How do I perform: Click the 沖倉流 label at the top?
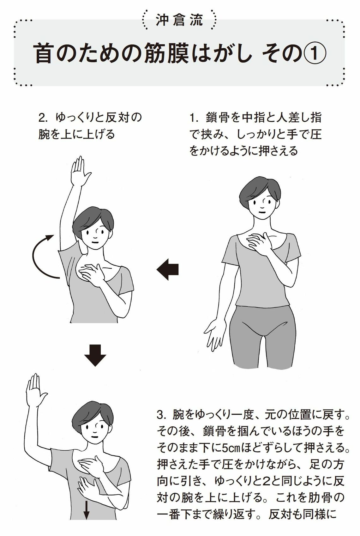[179, 21]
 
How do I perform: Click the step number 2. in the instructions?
[43, 118]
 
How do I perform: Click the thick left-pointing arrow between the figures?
[168, 270]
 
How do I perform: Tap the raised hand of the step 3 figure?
[36, 389]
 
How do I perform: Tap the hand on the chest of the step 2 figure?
[92, 272]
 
